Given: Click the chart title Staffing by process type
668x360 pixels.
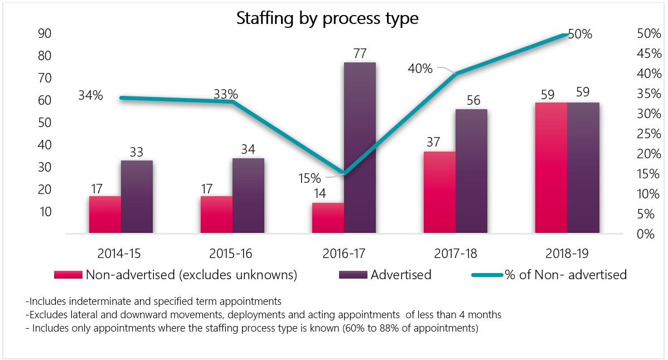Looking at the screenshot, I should coord(327,18).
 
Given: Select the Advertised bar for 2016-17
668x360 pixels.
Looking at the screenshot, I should coord(360,148).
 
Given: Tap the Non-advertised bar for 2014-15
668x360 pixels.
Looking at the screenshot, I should coord(105,215).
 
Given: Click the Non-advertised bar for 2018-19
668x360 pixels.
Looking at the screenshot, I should coord(551,167).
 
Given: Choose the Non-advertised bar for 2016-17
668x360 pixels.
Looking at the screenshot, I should coord(328,218).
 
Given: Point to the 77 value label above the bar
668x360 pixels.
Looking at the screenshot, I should coord(360,54).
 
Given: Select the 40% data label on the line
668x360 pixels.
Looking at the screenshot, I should coord(420,69).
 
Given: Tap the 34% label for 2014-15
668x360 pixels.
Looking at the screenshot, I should coord(90,96).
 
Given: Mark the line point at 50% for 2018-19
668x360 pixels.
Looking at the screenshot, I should coord(567,35).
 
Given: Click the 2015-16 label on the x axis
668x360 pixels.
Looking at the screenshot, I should coord(231,254).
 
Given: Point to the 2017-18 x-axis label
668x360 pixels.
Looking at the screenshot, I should coord(456,254).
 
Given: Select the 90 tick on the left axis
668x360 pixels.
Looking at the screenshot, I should coord(45,33).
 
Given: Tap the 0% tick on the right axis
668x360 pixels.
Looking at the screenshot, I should coord(645,234).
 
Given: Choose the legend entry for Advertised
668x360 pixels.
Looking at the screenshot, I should coord(401,275).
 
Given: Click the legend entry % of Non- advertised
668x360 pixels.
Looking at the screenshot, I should coord(565,275).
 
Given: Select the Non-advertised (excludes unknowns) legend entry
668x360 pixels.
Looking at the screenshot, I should coord(191,275).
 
